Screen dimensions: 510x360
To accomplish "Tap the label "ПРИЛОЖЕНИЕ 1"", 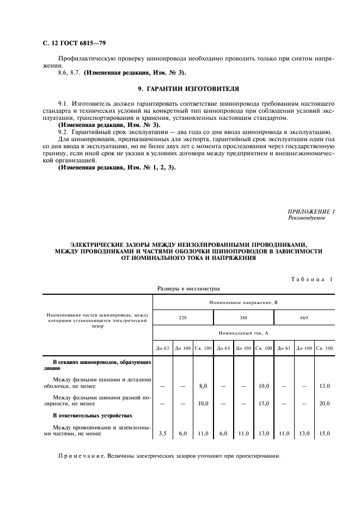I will (x=311, y=211).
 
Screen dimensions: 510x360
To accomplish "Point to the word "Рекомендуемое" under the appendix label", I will (x=306, y=218).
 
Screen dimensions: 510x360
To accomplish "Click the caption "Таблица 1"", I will (x=311, y=280).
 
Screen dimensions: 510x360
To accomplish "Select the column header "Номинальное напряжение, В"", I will (x=243, y=301).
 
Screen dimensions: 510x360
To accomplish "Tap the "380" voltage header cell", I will (x=243, y=317).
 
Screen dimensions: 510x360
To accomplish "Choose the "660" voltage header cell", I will (x=304, y=317).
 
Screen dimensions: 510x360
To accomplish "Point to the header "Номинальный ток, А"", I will (x=243, y=332).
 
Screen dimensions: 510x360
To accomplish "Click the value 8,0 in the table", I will (x=203, y=386).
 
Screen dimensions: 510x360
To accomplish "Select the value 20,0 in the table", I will (x=325, y=404).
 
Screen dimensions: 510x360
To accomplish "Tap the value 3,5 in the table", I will (x=162, y=434).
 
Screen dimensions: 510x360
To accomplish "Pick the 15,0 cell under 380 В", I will (x=264, y=404).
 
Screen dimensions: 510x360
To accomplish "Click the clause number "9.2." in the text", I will (x=64, y=132).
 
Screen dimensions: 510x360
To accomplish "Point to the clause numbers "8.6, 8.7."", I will (x=69, y=72).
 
